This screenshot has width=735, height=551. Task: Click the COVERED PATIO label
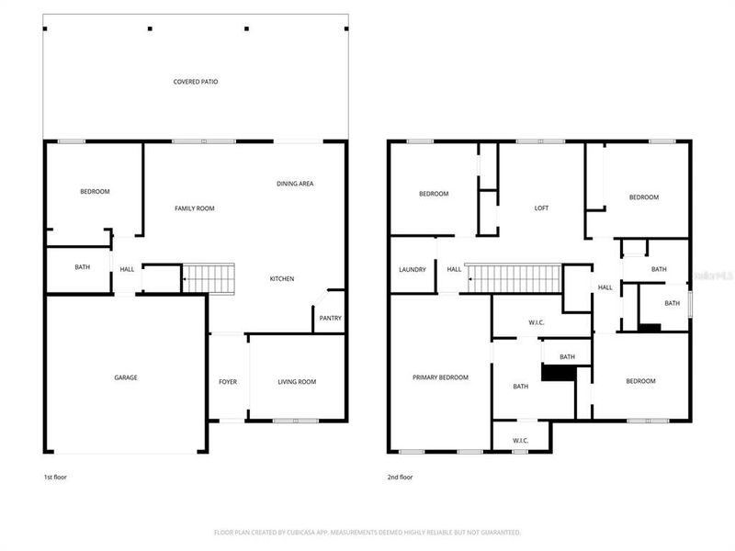click(x=196, y=82)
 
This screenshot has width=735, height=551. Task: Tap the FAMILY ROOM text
click(x=195, y=208)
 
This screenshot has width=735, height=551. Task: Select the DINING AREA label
click(x=295, y=184)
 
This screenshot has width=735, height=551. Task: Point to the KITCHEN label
click(x=281, y=278)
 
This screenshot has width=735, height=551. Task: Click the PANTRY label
click(x=330, y=319)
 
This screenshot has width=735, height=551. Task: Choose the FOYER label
click(x=227, y=382)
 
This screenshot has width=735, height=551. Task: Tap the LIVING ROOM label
click(x=297, y=382)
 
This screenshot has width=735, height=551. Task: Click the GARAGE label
click(x=126, y=377)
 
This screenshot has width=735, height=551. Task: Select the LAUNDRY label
click(x=413, y=269)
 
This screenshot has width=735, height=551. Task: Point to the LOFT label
click(x=541, y=208)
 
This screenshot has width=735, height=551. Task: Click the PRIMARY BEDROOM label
click(x=440, y=377)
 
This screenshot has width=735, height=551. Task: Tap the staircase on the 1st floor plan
click(x=209, y=278)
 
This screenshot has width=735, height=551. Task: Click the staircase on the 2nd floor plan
click(x=514, y=278)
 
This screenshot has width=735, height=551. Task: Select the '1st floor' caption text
click(x=55, y=478)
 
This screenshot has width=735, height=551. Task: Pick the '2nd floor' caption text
click(x=400, y=478)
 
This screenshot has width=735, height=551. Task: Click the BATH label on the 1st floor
click(x=82, y=267)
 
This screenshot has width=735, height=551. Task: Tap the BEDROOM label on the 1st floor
click(x=95, y=191)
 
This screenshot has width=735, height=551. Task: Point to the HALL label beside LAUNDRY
click(x=454, y=269)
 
